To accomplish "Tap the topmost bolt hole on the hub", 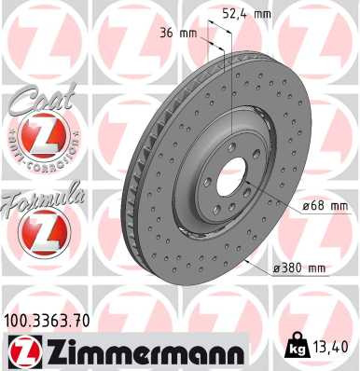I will pos(227,147).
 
